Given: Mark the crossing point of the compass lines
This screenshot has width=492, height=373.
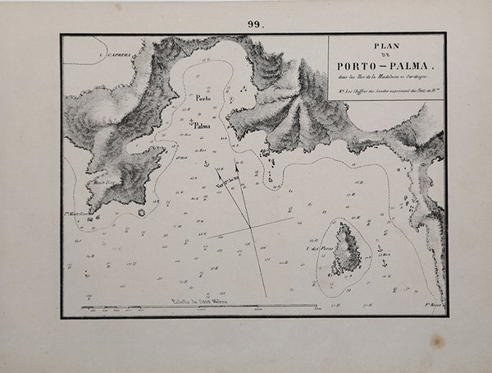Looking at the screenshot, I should coord(248,227).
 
